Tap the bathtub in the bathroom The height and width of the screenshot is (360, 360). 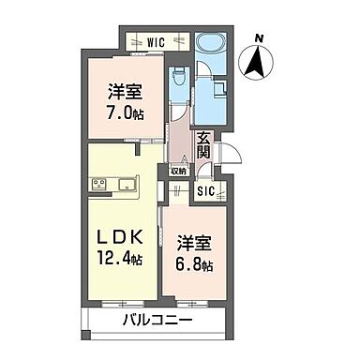[x=210, y=43]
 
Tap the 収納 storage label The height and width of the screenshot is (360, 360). [x=178, y=171]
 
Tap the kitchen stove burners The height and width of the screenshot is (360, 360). [x=99, y=183]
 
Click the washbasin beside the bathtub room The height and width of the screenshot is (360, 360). [x=217, y=89]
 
